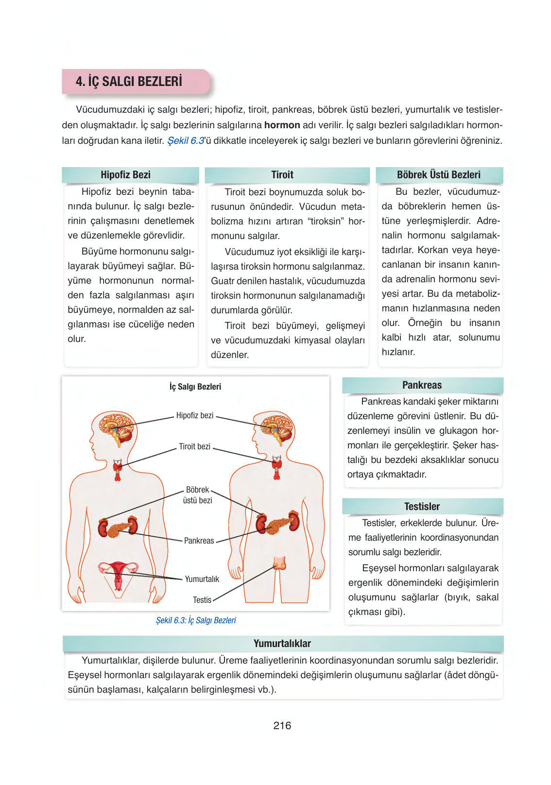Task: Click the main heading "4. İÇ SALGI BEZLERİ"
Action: pos(129,82)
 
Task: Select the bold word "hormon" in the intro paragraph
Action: pos(282,125)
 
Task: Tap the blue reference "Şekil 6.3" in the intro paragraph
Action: pos(186,141)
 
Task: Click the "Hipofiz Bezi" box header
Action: pos(125,175)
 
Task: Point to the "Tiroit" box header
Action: pos(282,175)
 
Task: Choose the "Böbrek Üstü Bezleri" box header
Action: pos(438,175)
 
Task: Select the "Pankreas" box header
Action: pos(422,385)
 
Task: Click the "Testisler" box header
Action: pos(422,507)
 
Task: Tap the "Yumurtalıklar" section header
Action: pos(282,644)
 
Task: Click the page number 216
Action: pos(282,726)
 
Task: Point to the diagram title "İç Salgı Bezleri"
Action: pos(195,387)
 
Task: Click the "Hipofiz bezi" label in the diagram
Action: pos(195,416)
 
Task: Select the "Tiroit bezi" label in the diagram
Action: pos(194,446)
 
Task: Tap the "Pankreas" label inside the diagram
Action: pos(199,541)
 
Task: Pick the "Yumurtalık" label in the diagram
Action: pos(202,579)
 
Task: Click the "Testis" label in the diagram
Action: pos(202,600)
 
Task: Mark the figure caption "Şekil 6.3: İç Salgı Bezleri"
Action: pos(196,620)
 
